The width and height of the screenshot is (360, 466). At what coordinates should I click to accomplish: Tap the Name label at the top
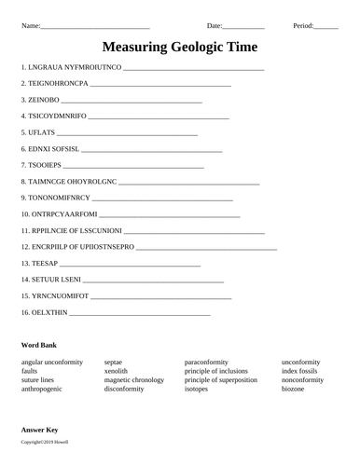[30, 25]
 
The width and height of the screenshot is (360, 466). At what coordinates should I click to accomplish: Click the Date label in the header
[215, 25]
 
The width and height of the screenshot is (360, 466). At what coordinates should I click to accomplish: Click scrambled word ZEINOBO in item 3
[43, 99]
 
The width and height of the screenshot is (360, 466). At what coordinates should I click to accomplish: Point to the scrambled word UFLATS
[41, 132]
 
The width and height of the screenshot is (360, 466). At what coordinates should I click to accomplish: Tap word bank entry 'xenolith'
[117, 370]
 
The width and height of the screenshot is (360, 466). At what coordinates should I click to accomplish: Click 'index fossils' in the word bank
[302, 370]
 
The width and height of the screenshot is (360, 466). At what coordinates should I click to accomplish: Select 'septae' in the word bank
[114, 361]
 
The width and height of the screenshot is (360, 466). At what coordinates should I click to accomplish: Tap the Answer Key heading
[40, 429]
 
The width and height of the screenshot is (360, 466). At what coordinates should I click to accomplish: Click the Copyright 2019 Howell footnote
[43, 441]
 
